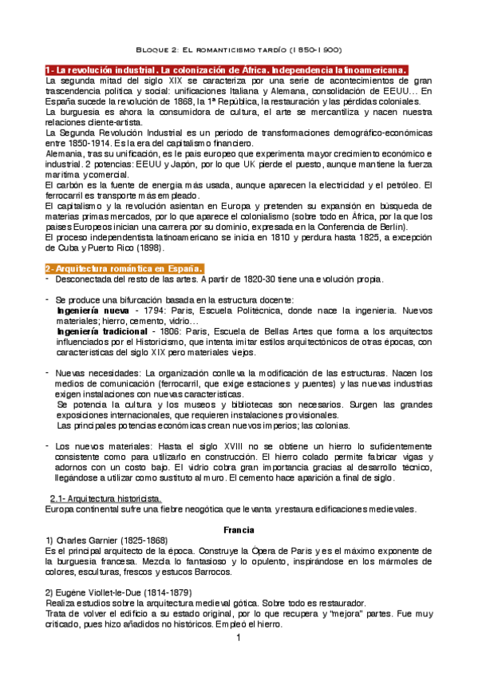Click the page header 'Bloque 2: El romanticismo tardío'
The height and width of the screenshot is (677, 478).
tap(239, 48)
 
